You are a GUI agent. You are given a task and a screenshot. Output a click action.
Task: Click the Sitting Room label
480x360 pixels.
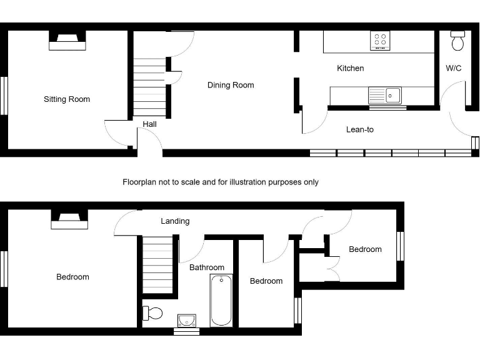[x=67, y=99]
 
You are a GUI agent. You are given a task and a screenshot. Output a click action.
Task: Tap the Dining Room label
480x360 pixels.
[x=231, y=85]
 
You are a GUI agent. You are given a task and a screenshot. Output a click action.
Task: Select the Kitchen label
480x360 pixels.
[x=350, y=68]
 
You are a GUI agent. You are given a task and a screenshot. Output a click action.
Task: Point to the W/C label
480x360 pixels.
[x=453, y=68]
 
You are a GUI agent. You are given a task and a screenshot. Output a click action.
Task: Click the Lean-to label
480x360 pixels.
[x=360, y=130]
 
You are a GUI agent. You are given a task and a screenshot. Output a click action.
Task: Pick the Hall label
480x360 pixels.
[x=149, y=124]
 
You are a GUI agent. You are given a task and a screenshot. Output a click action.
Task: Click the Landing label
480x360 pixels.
[x=175, y=221]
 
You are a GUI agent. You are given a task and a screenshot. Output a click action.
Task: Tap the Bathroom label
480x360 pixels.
[x=207, y=267]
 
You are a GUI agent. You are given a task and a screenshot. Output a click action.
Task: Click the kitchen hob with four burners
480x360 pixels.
[x=379, y=41]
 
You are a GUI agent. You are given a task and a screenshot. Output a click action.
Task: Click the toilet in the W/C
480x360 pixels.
[x=457, y=41]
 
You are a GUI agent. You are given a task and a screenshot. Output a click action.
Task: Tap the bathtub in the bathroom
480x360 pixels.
[x=221, y=300]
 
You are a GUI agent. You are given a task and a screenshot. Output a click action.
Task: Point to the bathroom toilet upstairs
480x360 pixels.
[x=152, y=312]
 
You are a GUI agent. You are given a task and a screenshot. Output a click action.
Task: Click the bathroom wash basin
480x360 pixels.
[x=186, y=321]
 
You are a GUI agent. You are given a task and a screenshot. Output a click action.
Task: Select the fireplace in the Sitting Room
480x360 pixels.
[x=67, y=41]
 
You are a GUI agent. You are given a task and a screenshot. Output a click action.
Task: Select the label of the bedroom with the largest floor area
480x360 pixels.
[x=72, y=277]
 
